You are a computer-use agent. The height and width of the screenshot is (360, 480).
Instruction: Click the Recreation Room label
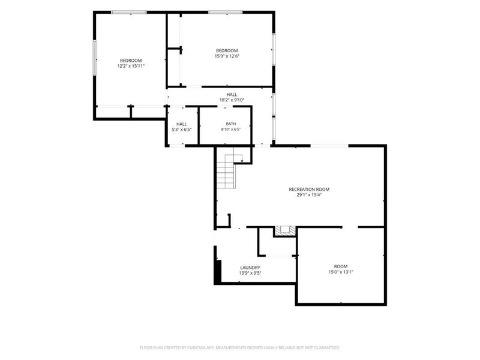[x=309, y=189]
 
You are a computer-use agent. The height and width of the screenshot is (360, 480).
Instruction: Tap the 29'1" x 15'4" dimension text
[x=309, y=194]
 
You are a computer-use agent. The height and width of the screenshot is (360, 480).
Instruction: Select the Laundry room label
[x=250, y=268]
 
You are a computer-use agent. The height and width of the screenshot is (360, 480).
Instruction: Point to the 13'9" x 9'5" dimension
[x=250, y=273]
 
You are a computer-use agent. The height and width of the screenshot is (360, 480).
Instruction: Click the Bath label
[x=231, y=124]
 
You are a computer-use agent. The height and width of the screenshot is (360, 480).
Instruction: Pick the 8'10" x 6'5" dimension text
[x=231, y=129]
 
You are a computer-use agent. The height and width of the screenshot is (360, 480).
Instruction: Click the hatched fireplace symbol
[x=285, y=231]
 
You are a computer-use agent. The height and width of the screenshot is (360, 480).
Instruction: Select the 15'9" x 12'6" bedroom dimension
[x=227, y=56]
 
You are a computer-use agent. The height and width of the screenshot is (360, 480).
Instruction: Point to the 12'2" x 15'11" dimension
[x=131, y=66]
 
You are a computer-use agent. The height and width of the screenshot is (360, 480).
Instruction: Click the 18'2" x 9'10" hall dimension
[x=232, y=100]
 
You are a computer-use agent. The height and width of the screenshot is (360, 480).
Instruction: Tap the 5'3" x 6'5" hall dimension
[x=182, y=130]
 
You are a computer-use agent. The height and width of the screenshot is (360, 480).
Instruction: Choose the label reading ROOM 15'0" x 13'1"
[x=341, y=269]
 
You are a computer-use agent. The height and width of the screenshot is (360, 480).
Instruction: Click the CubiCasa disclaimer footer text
[x=239, y=348]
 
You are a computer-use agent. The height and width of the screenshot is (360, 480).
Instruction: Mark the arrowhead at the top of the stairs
[x=242, y=161]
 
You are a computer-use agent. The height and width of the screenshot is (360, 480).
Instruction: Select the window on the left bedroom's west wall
[x=95, y=57]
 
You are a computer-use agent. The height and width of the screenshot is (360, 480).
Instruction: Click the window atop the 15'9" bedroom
[x=226, y=12]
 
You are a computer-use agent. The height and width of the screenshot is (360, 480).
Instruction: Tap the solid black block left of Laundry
[x=218, y=271]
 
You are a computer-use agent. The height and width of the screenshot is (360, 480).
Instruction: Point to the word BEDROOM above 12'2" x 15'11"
[x=131, y=61]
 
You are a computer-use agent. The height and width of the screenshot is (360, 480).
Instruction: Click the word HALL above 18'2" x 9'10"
[x=232, y=95]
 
